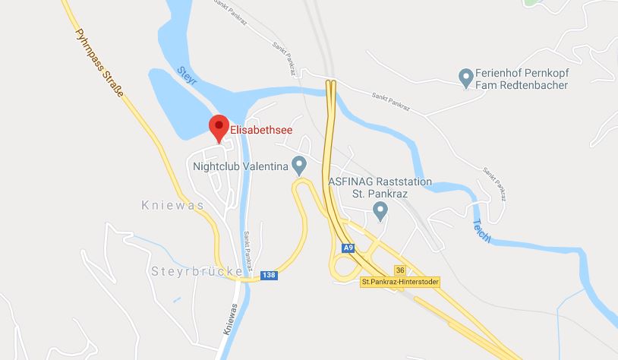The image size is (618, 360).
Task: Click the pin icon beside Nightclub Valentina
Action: pos(299,164)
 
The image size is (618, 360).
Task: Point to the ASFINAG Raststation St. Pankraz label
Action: pos(380,188)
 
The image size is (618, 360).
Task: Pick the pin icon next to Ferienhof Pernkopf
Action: pos(465,77)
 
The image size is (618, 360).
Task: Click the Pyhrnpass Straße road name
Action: pos(99,65)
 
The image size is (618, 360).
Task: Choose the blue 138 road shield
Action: pos(268,275)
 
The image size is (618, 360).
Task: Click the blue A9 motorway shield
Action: pos(348,248)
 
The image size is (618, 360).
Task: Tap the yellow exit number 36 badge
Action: pos(400,270)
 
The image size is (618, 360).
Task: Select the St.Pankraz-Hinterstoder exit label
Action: pos(400,282)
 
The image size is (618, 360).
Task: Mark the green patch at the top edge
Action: pos(534,2)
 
